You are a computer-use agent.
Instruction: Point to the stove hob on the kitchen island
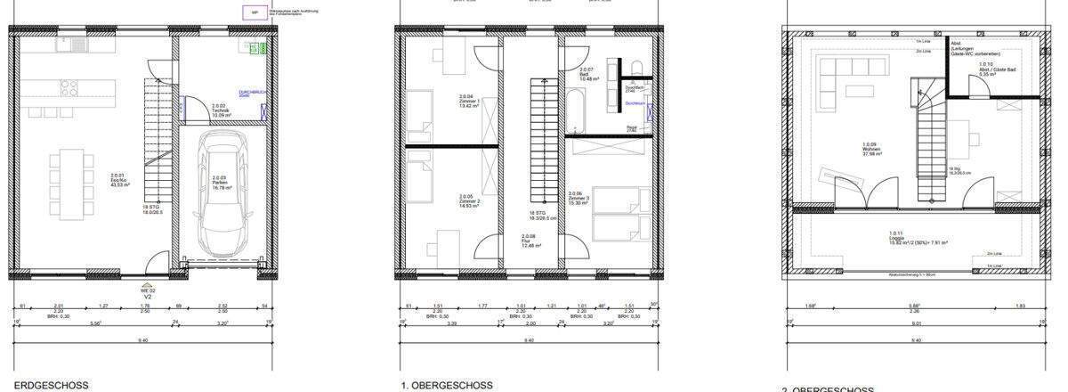pyautogui.click(x=67, y=87)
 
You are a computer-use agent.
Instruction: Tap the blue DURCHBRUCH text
pyautogui.click(x=248, y=94)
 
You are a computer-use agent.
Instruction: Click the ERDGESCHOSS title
pyautogui.click(x=52, y=386)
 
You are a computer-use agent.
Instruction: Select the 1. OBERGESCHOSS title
pyautogui.click(x=448, y=386)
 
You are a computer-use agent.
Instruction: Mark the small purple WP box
pyautogui.click(x=255, y=12)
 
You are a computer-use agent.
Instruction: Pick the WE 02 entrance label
pyautogui.click(x=148, y=290)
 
